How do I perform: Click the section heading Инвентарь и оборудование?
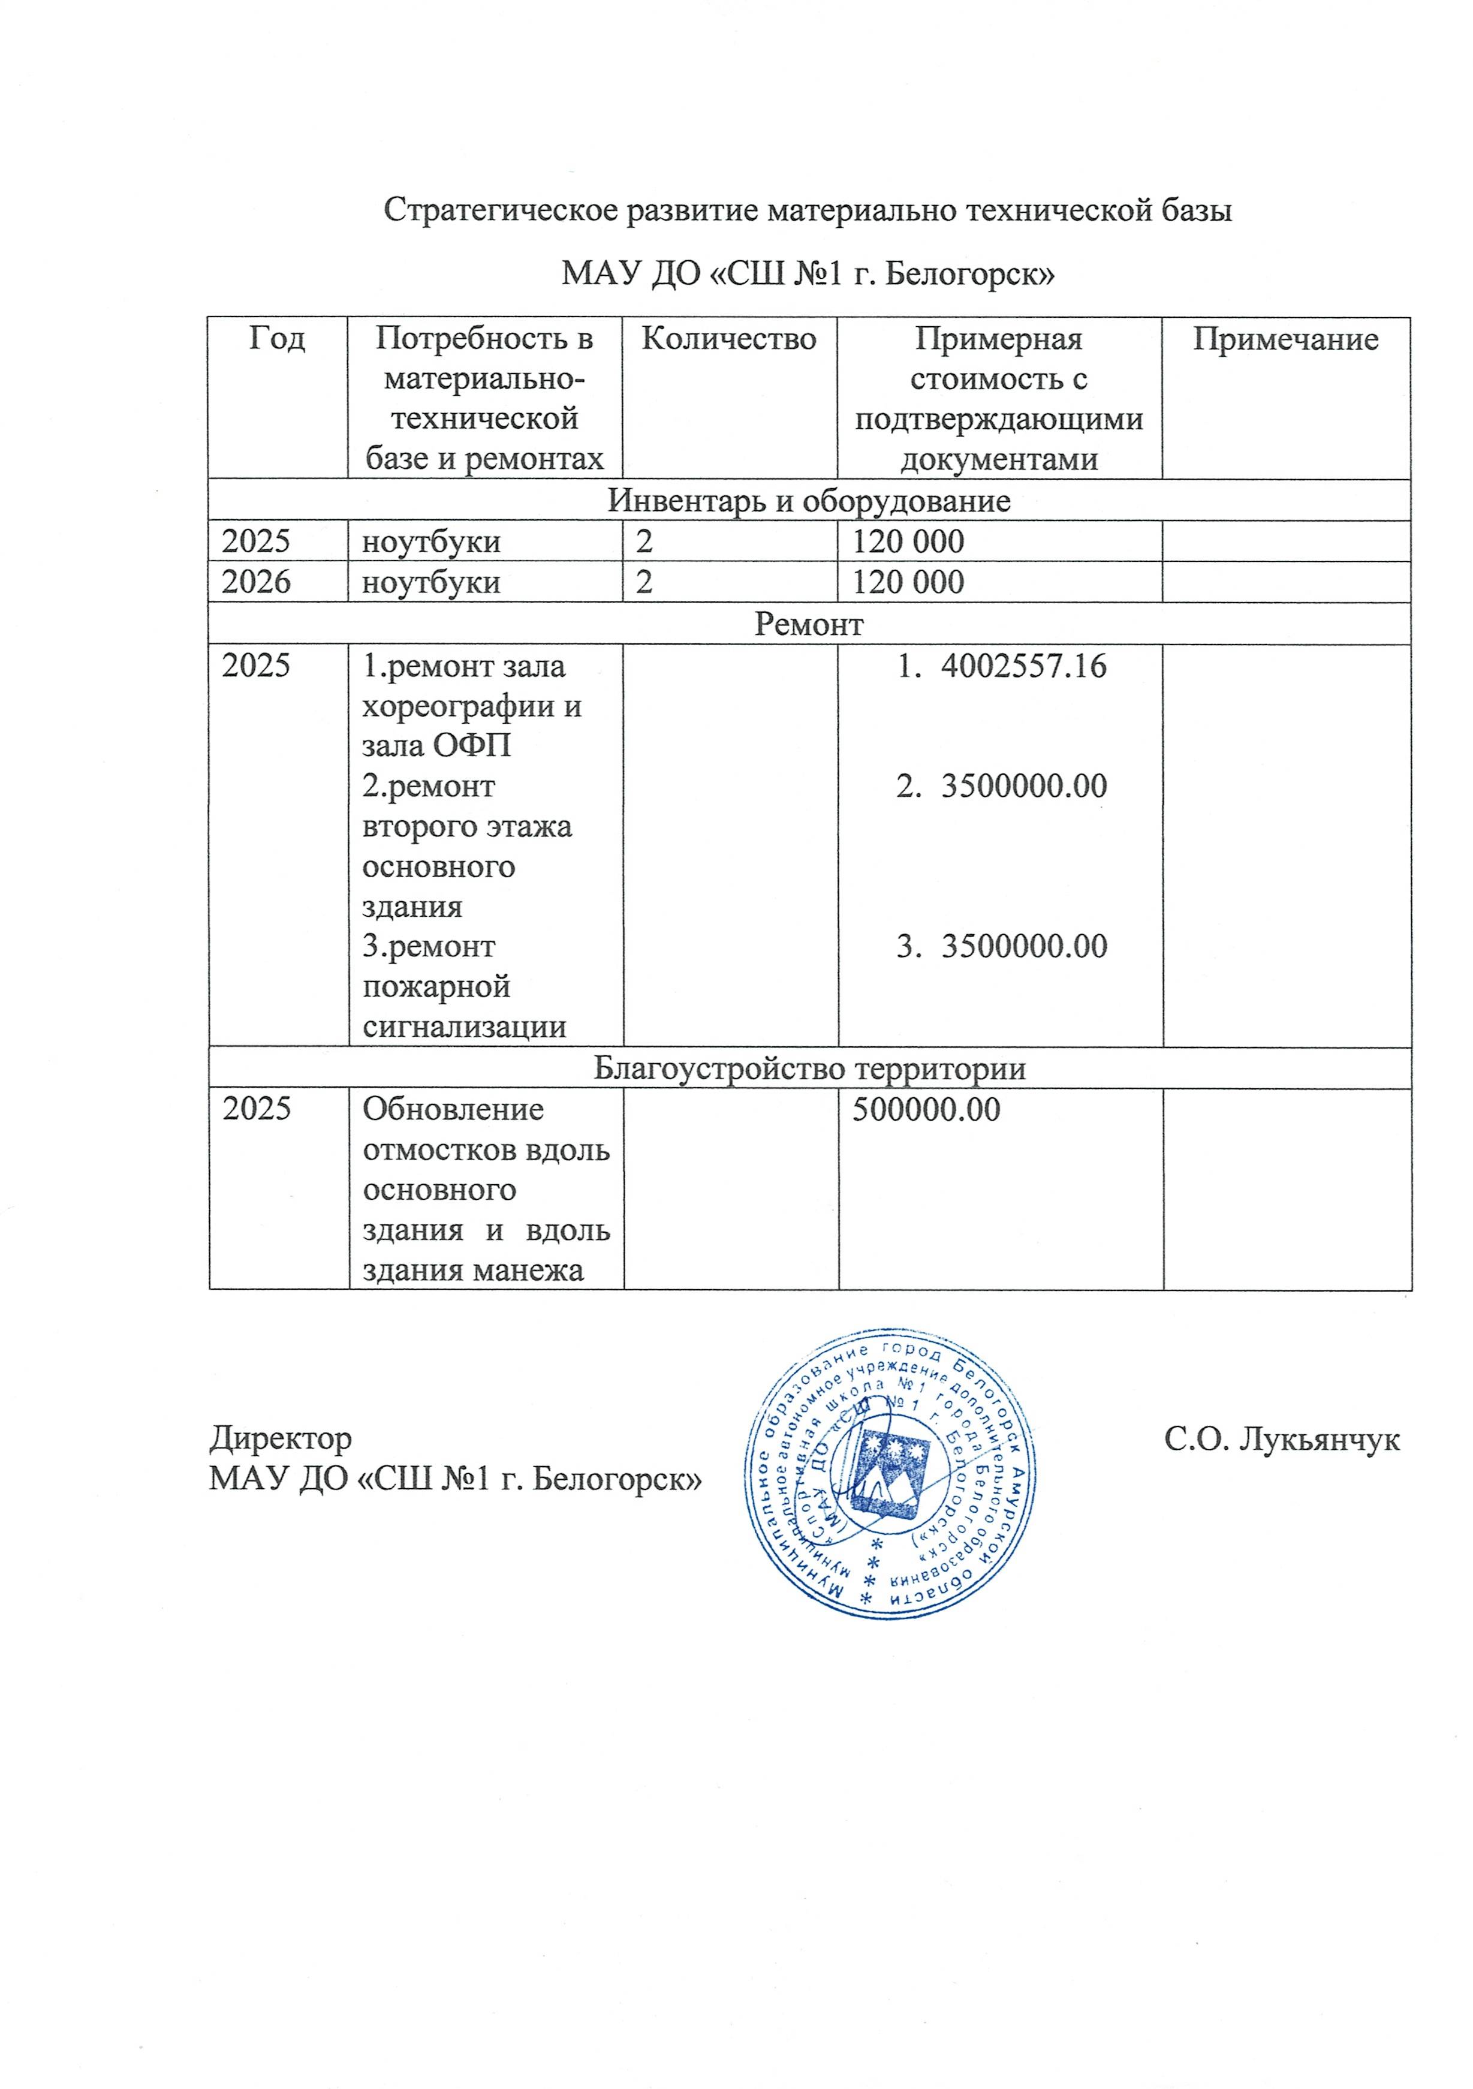tap(809, 501)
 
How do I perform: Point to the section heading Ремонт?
tap(809, 624)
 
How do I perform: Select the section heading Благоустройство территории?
tap(809, 1068)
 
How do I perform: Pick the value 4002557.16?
tap(1023, 666)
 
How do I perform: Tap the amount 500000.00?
tap(926, 1109)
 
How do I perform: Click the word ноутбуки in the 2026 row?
tap(431, 582)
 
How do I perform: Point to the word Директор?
tap(280, 1438)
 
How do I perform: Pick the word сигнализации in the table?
tap(464, 1027)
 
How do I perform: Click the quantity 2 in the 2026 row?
tap(644, 582)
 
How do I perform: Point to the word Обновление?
tap(453, 1109)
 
